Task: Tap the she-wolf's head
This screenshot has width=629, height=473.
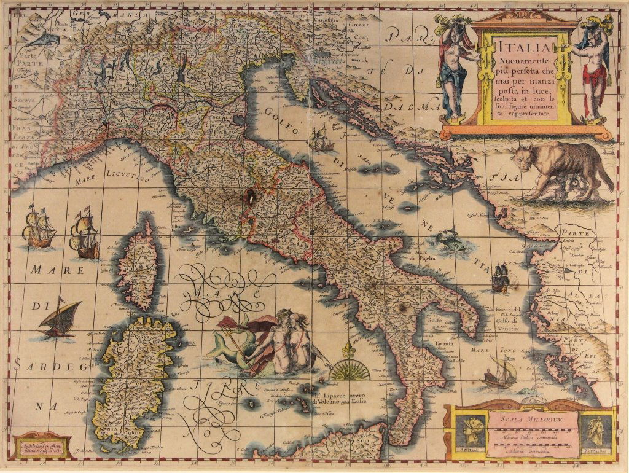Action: tap(522, 157)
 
